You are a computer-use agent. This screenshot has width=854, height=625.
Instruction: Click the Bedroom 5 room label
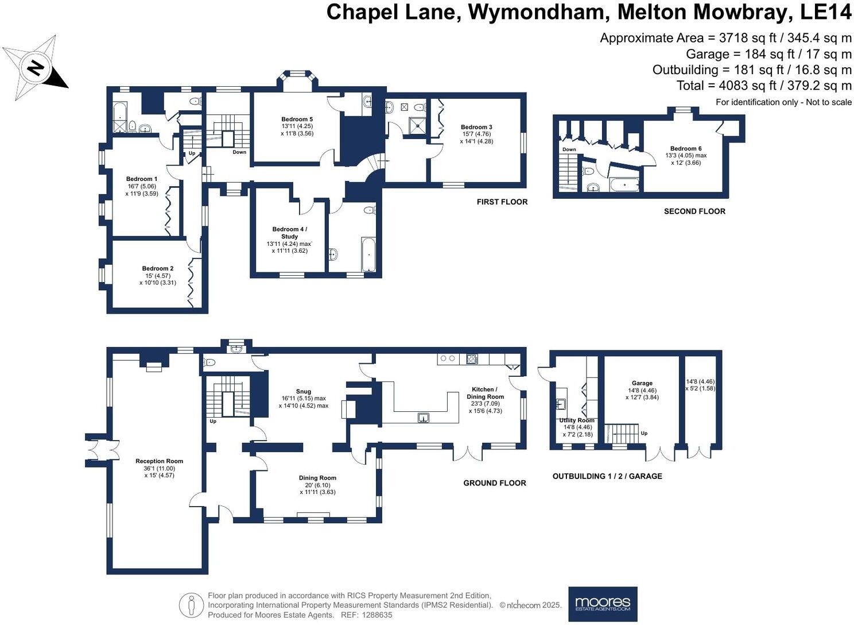pyautogui.click(x=297, y=119)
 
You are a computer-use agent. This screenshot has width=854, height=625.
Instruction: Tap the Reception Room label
pyautogui.click(x=160, y=461)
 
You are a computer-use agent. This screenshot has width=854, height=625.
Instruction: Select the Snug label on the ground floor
pyautogui.click(x=304, y=391)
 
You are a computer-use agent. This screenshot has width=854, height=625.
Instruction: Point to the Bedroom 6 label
pyautogui.click(x=686, y=148)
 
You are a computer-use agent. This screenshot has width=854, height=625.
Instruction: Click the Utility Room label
pyautogui.click(x=577, y=420)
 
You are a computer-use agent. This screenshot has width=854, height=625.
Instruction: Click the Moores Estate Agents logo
pyautogui.click(x=603, y=604)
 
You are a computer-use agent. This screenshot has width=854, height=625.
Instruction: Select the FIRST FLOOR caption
pyautogui.click(x=502, y=202)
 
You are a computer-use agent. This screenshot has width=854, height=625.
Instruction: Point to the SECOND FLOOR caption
pyautogui.click(x=694, y=211)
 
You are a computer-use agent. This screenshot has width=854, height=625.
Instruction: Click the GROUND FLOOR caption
pyautogui.click(x=495, y=483)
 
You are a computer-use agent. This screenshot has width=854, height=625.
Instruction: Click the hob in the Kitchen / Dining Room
pyautogui.click(x=472, y=359)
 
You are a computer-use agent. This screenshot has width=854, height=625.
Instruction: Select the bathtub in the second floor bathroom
pyautogui.click(x=624, y=185)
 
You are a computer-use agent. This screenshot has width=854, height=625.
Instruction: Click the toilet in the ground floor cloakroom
pyautogui.click(x=209, y=362)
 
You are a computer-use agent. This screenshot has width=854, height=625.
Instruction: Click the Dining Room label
pyautogui.click(x=317, y=478)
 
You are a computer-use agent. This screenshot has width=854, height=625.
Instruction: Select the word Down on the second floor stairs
pyautogui.click(x=569, y=149)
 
